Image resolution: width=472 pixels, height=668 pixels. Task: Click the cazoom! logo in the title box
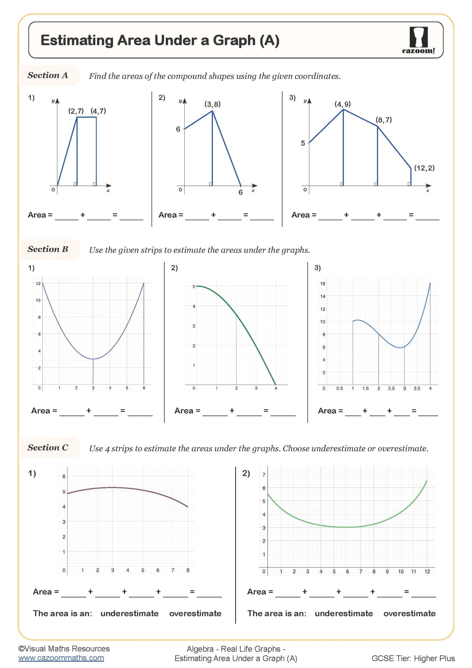(418, 40)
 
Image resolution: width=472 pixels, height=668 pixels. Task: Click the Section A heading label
(48, 75)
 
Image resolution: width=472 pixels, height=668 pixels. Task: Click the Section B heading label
(48, 249)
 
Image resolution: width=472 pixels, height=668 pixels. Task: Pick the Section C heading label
(48, 448)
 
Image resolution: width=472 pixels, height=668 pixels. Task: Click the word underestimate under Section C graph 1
(130, 613)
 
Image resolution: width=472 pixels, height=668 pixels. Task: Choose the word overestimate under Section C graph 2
(409, 613)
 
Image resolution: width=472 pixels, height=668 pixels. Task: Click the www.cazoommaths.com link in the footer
(61, 658)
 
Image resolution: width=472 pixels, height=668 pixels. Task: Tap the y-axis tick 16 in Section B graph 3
(322, 284)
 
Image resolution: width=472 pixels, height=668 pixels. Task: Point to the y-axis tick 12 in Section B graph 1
(38, 284)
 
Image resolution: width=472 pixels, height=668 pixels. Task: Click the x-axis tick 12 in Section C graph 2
(427, 571)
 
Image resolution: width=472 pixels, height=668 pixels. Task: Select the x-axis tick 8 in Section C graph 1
(188, 570)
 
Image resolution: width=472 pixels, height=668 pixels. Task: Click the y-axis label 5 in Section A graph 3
(303, 143)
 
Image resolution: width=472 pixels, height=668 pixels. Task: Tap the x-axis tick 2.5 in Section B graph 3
(391, 388)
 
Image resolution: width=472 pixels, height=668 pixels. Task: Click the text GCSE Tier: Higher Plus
(413, 658)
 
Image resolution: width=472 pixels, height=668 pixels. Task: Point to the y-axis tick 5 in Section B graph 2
(194, 287)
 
